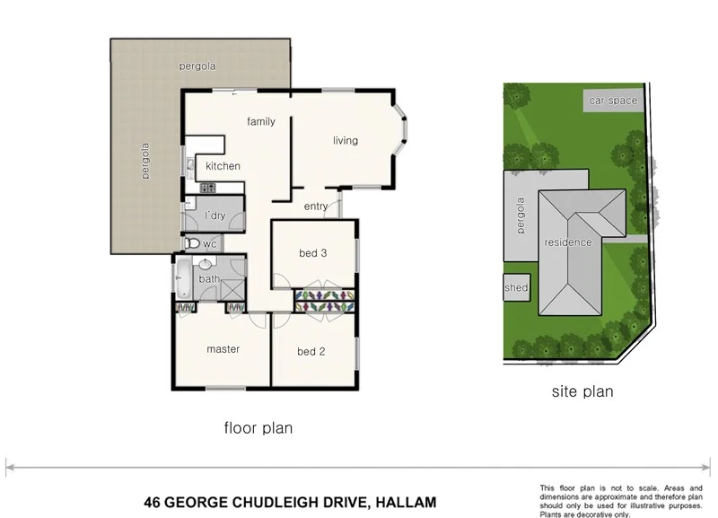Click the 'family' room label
[x=261, y=122]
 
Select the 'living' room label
[x=346, y=141]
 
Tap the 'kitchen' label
[x=223, y=166]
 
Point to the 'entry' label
[x=316, y=207]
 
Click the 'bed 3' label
[x=312, y=253]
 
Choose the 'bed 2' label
[x=311, y=351]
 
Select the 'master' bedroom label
[x=223, y=349]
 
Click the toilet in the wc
[x=191, y=243]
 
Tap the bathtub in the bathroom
[x=183, y=278]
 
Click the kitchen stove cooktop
[x=207, y=188]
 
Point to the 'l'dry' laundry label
[x=215, y=216]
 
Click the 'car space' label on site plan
[x=613, y=101]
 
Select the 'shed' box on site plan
[x=516, y=288]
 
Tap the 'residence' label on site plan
[x=568, y=242]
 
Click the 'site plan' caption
[x=582, y=391]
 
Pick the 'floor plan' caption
[x=258, y=428]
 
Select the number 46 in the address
[x=154, y=502]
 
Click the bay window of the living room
[x=402, y=139]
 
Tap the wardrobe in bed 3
[x=325, y=300]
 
